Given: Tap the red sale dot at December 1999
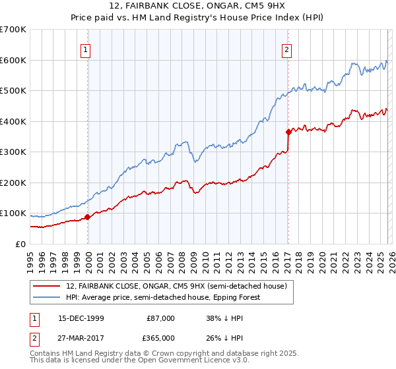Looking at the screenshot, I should point(87,217).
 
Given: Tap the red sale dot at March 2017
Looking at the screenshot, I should point(288,132).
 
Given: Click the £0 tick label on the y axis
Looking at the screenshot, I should point(20,244).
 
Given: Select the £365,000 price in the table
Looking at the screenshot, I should point(160,337).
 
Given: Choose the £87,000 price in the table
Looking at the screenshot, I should point(160,318).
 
